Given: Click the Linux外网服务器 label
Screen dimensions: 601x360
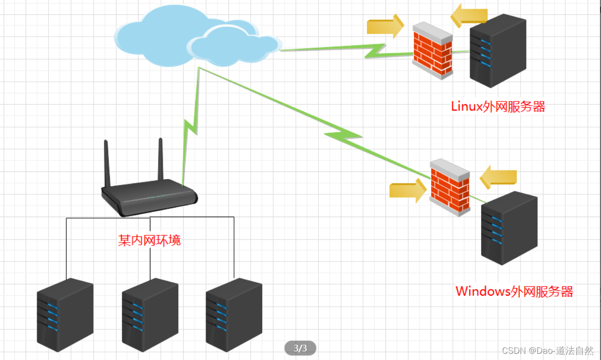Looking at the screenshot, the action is [x=498, y=107].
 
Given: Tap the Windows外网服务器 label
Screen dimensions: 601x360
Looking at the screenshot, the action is [x=514, y=291].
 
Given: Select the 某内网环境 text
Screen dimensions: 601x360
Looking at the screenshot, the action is [x=149, y=240].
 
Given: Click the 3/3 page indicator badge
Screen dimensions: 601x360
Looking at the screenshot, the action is [x=300, y=348].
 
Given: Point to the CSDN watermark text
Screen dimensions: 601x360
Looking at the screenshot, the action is [x=548, y=350].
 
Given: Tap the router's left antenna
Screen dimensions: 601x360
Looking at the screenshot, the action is [x=107, y=163].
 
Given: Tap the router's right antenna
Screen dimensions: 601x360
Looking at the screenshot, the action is [x=161, y=159].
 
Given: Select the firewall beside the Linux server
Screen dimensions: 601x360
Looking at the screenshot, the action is [x=433, y=50].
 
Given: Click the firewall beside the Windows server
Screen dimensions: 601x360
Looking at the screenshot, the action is [x=450, y=188].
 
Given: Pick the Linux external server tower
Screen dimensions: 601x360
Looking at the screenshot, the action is [x=498, y=51].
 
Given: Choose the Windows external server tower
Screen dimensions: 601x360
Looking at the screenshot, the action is [x=509, y=228].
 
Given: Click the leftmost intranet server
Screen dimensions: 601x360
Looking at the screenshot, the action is [x=65, y=315].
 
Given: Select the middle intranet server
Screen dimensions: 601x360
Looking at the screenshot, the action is [x=150, y=315].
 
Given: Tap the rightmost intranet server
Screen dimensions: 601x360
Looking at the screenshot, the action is [x=234, y=315].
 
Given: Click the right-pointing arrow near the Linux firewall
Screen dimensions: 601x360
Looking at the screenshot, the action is [x=385, y=26].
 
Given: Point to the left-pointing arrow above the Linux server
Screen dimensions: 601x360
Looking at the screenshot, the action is [x=469, y=16].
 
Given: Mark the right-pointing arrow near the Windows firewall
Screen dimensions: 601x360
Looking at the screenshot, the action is [x=408, y=190].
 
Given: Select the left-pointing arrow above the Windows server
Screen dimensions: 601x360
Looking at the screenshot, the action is [x=498, y=177].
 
